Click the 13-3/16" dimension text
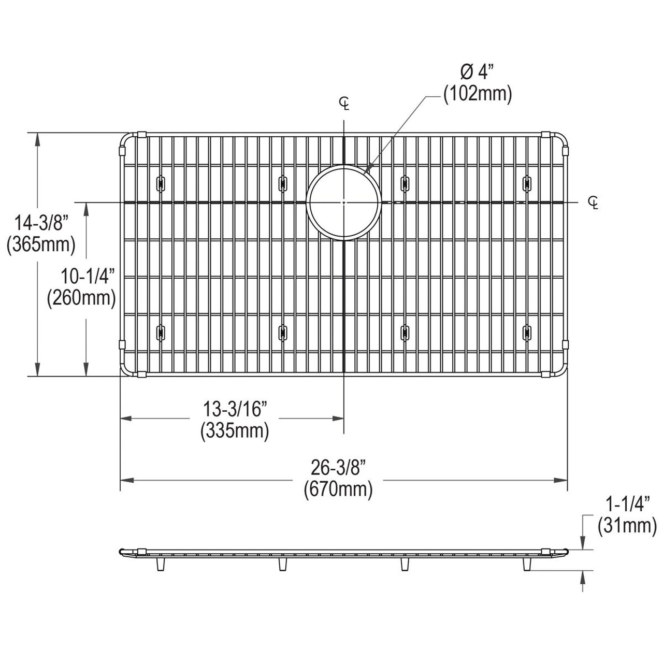(235, 410)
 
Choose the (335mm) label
(235, 430)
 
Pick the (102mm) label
(477, 94)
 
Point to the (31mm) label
(627, 526)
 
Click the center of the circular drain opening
(344, 202)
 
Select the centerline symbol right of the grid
(593, 202)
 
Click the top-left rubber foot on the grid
(160, 182)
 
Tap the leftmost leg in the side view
(160, 564)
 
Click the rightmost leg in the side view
(527, 564)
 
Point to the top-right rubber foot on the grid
(527, 182)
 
